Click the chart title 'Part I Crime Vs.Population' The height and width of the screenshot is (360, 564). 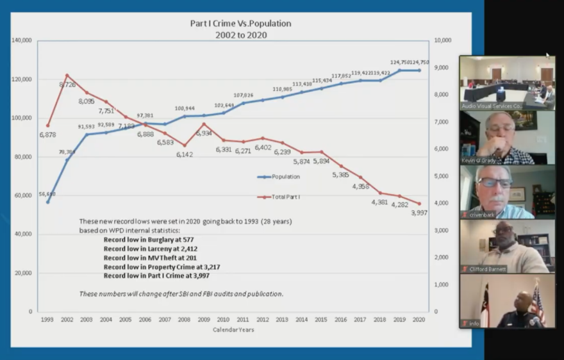(x=240, y=24)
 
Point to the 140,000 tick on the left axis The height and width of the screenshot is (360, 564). (x=22, y=40)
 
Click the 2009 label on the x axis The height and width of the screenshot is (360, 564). (x=204, y=318)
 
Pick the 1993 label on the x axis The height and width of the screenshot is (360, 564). (x=47, y=318)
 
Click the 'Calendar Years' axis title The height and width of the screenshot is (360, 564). (x=233, y=330)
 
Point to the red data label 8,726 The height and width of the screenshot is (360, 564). (x=68, y=85)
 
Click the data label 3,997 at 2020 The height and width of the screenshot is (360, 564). (x=420, y=213)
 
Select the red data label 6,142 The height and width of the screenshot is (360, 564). (x=186, y=154)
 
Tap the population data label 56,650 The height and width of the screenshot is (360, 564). (x=46, y=193)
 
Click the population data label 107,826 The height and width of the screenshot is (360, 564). (x=244, y=95)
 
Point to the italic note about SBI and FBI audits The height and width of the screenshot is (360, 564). (x=181, y=294)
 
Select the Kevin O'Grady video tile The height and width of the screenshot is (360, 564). (x=507, y=138)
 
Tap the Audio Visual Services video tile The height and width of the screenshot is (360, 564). (x=507, y=83)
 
